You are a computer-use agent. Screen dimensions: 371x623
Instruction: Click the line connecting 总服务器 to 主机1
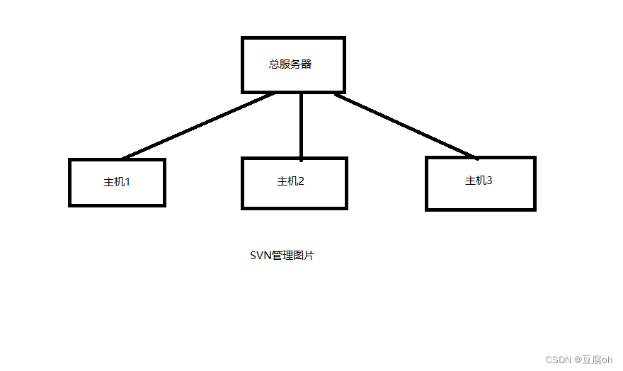[x=198, y=125]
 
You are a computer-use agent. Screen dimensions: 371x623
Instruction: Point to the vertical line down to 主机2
[x=301, y=125]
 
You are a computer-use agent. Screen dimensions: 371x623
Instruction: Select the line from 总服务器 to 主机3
[x=405, y=125]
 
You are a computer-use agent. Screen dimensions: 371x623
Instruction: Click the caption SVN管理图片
[x=282, y=256]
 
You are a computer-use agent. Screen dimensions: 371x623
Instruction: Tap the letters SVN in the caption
[x=261, y=256]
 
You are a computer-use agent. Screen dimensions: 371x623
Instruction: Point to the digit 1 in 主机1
[x=127, y=182]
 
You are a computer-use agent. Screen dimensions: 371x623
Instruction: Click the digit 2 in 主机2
[x=301, y=181]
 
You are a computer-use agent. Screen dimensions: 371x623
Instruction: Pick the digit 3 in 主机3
[x=488, y=181]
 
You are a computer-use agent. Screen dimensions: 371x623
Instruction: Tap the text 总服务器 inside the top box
[x=290, y=64]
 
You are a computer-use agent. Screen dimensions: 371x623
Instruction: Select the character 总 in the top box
[x=274, y=64]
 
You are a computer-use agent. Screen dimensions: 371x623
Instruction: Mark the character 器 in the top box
[x=307, y=64]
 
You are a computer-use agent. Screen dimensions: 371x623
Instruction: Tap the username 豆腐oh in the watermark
[x=598, y=360]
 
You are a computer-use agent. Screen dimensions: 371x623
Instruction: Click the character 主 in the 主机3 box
[x=470, y=181]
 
